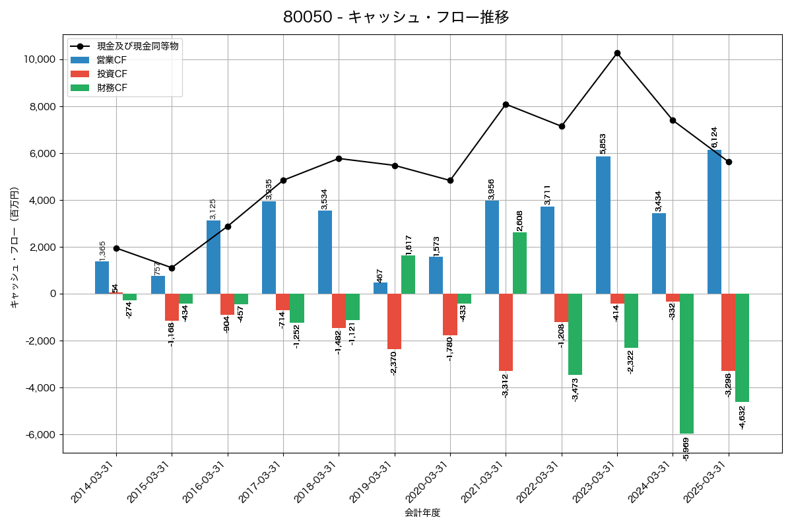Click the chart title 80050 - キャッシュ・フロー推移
[396, 17]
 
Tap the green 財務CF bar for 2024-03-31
[686, 364]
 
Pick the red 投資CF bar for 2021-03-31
[506, 332]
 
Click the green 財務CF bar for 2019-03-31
[408, 275]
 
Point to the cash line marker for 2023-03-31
[617, 53]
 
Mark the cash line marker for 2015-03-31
[172, 268]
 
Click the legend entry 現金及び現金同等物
[137, 46]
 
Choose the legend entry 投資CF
[112, 74]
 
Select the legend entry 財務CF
[112, 88]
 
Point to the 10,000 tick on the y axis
[39, 59]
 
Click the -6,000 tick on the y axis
[39, 435]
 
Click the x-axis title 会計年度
[422, 513]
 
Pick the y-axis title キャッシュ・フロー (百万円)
[15, 247]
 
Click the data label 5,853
[603, 143]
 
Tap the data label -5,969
[686, 449]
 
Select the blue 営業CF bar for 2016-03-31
[213, 257]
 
